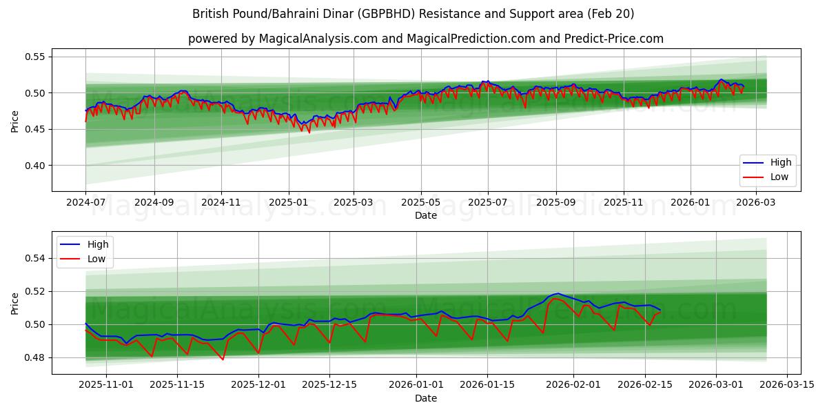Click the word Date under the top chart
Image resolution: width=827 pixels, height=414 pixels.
point(426,215)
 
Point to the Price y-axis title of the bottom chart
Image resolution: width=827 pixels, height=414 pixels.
point(15,303)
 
